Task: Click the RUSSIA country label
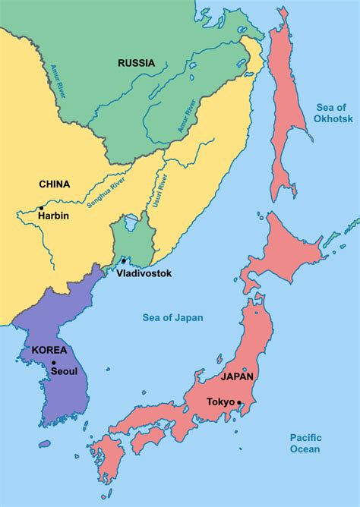tap(137, 63)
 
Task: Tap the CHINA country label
tap(54, 184)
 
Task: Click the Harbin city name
tap(54, 216)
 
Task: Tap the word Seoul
tap(63, 371)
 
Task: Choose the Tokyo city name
tap(220, 402)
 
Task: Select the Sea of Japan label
tap(173, 317)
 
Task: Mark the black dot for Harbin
tap(40, 206)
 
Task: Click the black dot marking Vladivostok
tap(123, 260)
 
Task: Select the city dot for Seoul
tap(54, 363)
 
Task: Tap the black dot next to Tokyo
tap(239, 402)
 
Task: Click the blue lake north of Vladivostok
tap(131, 222)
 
